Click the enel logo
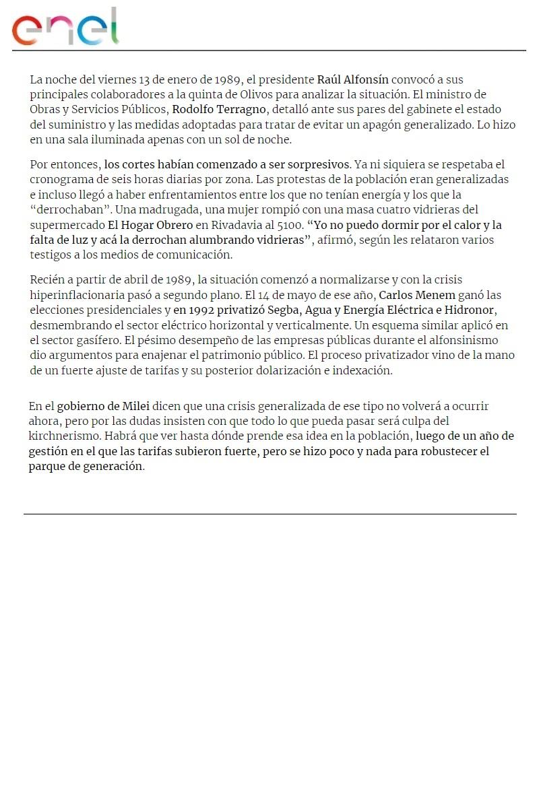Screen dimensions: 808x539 (65, 27)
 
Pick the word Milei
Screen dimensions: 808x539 (135, 407)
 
